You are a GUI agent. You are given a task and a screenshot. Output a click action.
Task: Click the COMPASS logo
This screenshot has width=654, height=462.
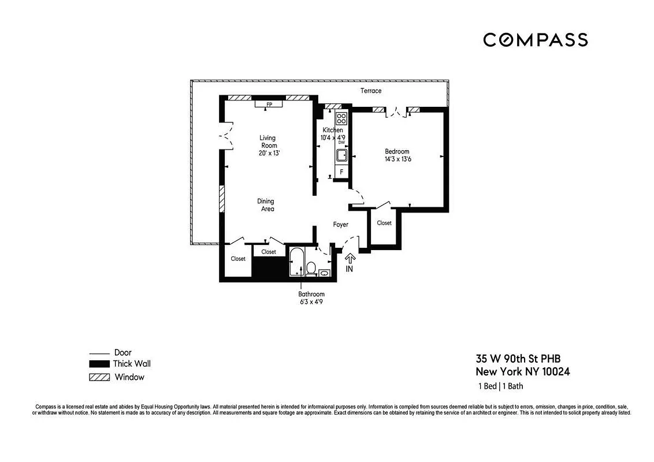point(535,40)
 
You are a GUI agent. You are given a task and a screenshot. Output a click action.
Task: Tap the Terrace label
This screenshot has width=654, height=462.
point(371,91)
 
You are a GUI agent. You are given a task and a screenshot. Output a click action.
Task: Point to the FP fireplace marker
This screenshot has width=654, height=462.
point(269,105)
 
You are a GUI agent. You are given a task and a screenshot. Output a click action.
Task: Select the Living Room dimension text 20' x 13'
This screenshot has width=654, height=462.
point(267,153)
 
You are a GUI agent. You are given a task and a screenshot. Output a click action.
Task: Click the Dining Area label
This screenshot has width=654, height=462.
point(266,205)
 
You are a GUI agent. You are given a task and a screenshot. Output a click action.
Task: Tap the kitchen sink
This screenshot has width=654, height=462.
point(341,155)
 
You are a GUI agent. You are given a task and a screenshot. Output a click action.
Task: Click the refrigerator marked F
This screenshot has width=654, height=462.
point(341,172)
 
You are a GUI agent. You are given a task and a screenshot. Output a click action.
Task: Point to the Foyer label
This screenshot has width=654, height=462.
point(341,224)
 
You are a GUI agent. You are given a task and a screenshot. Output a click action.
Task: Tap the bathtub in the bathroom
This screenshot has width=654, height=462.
point(296,262)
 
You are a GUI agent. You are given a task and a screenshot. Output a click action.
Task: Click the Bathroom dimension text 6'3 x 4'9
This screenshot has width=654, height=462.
point(311,301)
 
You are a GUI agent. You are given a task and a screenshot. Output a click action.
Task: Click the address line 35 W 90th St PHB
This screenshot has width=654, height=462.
point(518,358)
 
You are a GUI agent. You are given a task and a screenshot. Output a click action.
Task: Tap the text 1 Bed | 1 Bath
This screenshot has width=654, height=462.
point(500,386)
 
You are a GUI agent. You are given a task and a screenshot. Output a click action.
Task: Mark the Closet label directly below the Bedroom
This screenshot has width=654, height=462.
point(384,223)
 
